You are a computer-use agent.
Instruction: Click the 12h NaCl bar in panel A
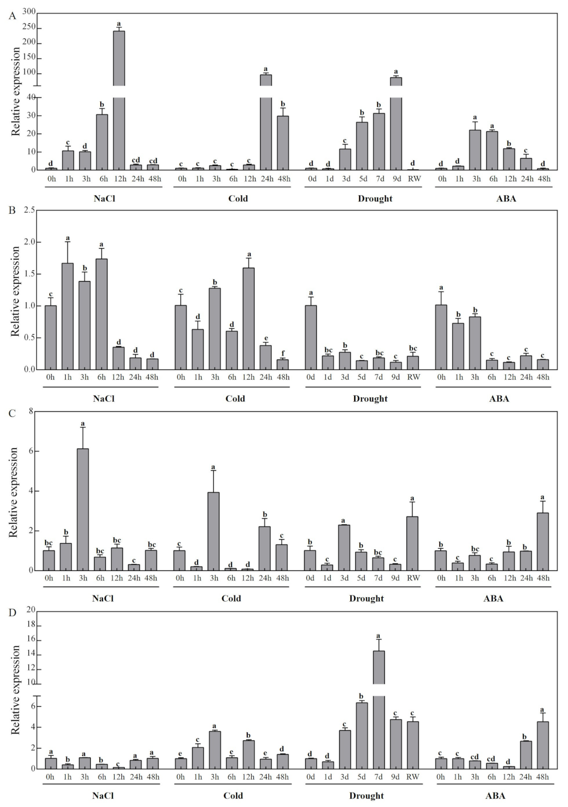click(x=119, y=100)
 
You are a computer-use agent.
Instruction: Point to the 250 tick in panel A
click(x=28, y=27)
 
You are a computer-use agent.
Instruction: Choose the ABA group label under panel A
click(x=506, y=199)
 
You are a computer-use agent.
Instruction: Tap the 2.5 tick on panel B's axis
click(x=30, y=210)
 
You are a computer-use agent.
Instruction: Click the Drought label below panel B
click(x=370, y=398)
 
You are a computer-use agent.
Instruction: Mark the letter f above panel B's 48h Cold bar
click(x=283, y=352)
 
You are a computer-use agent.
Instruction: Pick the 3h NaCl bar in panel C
click(x=83, y=509)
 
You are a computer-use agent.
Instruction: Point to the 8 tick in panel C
click(x=32, y=411)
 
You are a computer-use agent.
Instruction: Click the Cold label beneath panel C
click(x=231, y=598)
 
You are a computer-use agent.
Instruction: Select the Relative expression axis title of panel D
click(x=16, y=690)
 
